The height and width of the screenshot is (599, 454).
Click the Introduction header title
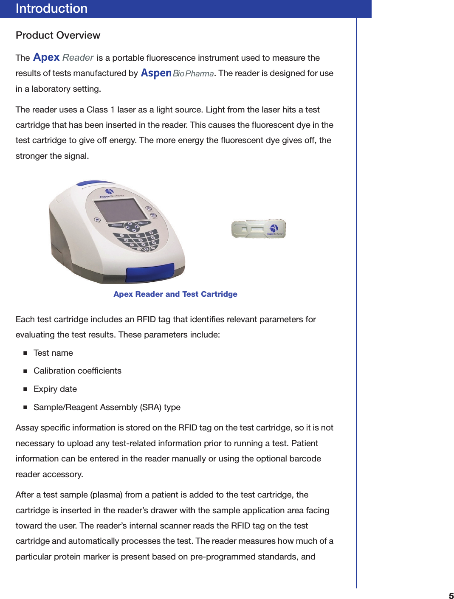tap(51, 8)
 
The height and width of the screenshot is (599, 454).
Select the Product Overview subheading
tap(58, 35)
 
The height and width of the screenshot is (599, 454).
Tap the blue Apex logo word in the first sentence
tap(46, 57)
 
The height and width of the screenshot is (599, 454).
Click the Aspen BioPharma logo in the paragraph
tap(177, 73)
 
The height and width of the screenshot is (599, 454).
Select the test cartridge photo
tap(258, 229)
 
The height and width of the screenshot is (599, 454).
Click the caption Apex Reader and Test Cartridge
tap(175, 294)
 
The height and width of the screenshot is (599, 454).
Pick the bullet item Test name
tap(53, 353)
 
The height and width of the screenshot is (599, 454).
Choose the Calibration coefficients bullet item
tap(77, 371)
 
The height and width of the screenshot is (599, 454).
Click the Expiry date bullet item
tap(55, 389)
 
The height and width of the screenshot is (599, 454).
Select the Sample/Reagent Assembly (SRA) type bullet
tap(107, 408)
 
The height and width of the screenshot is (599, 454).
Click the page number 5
tap(451, 596)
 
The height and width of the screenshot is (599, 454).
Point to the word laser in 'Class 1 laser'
tap(126, 110)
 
